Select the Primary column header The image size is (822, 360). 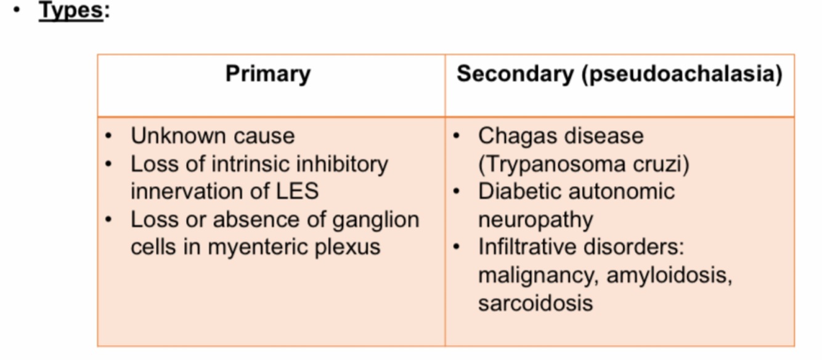tap(268, 74)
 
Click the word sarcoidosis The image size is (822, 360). tap(535, 303)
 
